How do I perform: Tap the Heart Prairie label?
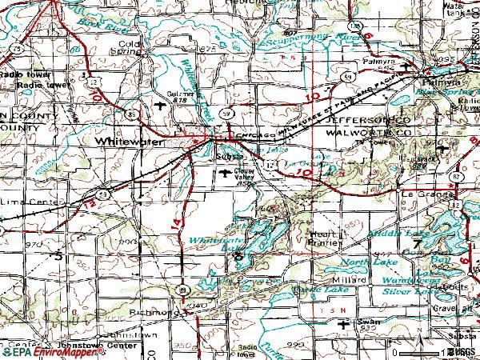click(324, 238)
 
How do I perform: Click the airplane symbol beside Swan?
click(344, 323)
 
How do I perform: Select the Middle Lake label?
click(403, 233)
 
